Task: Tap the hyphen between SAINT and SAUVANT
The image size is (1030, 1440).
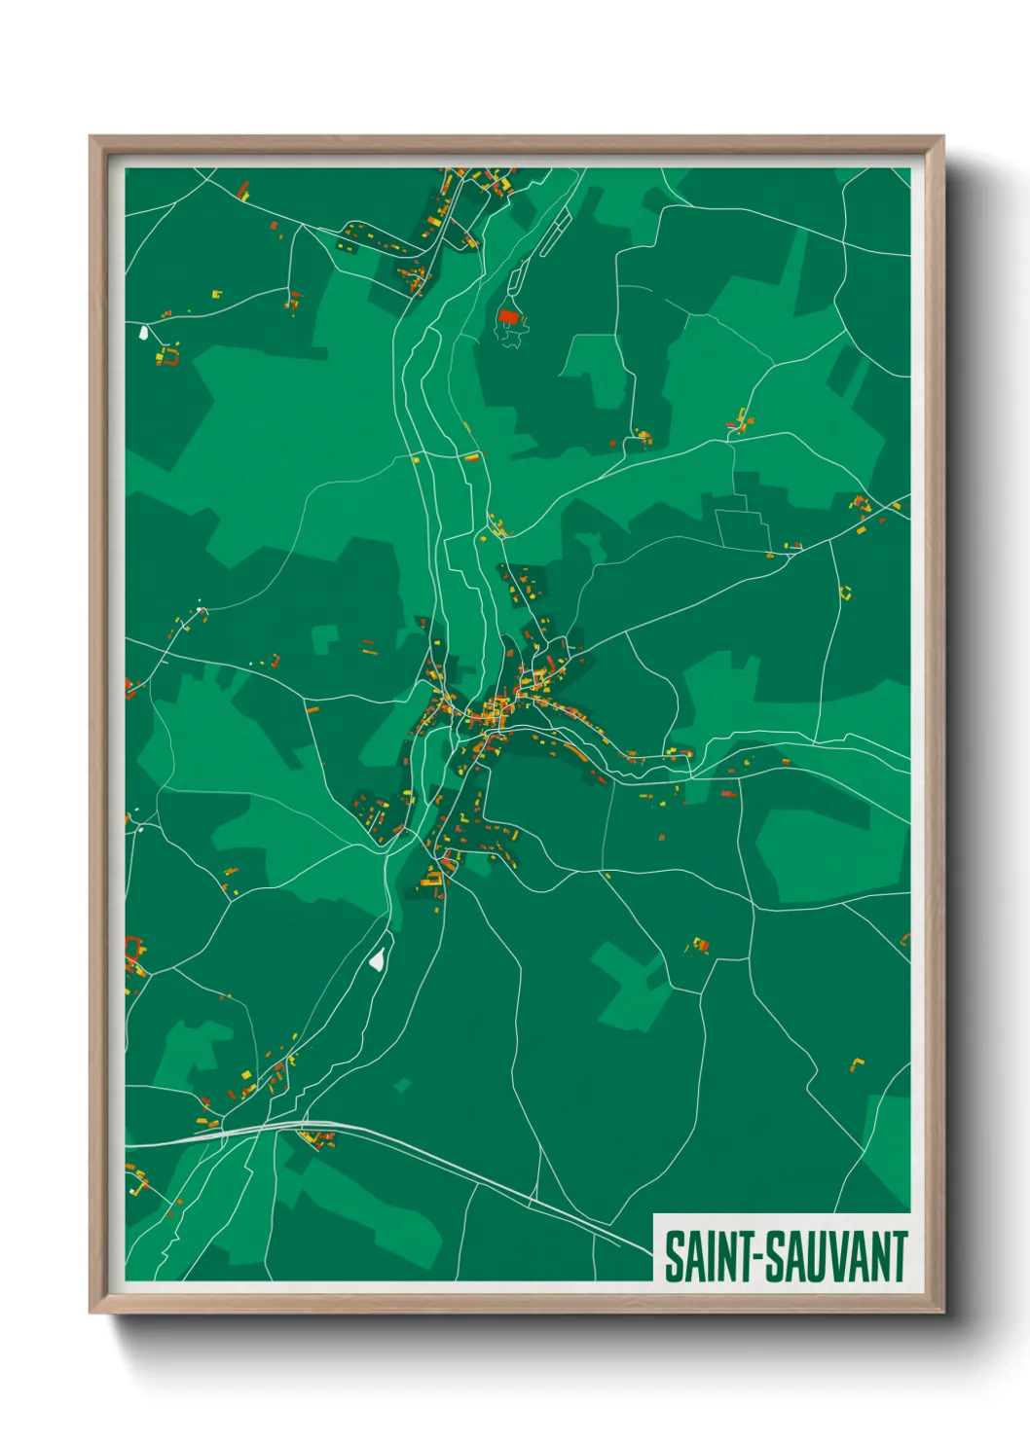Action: (756, 1257)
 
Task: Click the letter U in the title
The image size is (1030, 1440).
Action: (816, 1256)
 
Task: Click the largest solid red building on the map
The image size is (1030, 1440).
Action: (507, 316)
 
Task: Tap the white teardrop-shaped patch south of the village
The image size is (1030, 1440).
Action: (377, 959)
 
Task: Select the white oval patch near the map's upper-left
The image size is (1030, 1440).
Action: (144, 333)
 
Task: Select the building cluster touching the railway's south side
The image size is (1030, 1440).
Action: (313, 1138)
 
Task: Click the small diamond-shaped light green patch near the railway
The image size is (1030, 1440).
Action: (402, 1084)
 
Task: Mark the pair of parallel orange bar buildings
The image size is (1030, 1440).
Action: (368, 645)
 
